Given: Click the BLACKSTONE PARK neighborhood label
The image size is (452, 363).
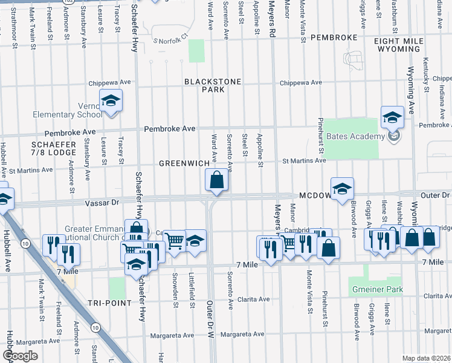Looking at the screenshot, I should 213,85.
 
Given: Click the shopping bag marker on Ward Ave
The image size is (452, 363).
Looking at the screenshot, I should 216,180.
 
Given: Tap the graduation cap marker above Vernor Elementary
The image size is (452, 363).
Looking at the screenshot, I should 111,100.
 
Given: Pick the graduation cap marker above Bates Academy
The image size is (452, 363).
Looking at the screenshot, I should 392,117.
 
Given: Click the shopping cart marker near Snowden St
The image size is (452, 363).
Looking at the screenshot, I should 175,241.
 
